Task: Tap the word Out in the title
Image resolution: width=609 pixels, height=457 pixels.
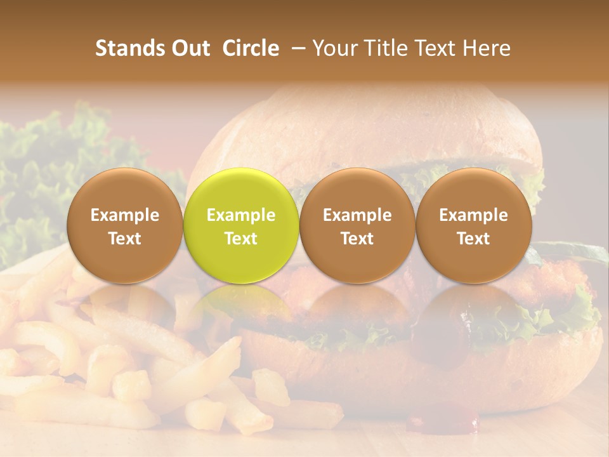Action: click(188, 48)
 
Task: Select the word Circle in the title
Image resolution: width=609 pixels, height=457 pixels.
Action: click(251, 48)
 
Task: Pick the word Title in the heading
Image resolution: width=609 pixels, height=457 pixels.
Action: click(388, 48)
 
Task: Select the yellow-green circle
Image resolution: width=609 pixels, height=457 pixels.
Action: click(241, 225)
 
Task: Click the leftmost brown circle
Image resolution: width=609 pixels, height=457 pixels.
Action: click(124, 225)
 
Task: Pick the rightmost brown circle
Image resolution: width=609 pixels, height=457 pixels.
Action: click(474, 225)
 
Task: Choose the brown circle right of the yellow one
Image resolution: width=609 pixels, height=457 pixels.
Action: click(357, 225)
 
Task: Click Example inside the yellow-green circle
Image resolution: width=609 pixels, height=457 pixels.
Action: click(241, 215)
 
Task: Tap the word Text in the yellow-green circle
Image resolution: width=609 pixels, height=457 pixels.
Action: click(241, 239)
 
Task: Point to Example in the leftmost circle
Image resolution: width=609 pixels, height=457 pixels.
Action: click(124, 215)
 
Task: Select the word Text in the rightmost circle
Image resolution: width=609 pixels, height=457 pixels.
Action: click(474, 239)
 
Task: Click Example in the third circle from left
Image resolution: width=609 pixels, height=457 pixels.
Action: click(357, 215)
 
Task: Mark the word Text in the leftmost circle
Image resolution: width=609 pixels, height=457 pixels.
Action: click(124, 239)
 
